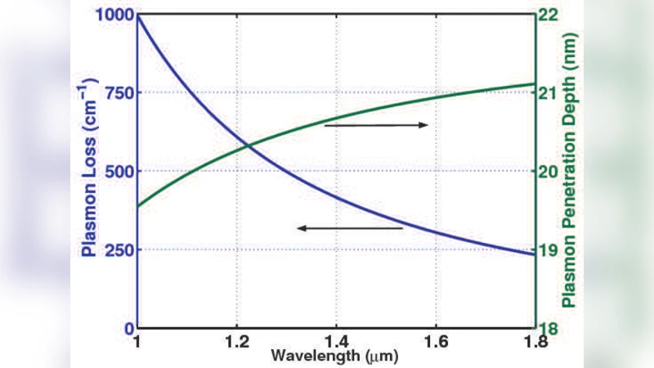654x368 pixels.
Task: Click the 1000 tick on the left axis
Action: point(112,15)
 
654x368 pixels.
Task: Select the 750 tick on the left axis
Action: point(117,92)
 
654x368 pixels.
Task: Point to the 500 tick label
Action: point(117,171)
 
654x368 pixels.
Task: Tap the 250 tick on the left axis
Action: point(117,249)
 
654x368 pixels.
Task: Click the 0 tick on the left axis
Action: point(128,328)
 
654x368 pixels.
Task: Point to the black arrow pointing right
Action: point(376,125)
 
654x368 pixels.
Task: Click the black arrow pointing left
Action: point(350,228)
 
